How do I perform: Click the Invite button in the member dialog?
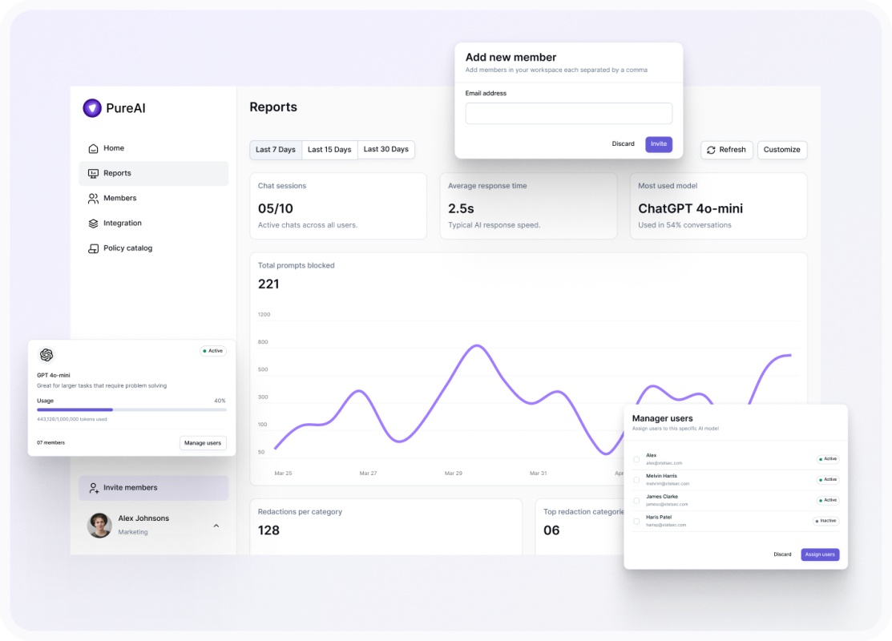(x=659, y=144)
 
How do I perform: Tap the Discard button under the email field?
(x=623, y=144)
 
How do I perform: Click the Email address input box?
(x=568, y=114)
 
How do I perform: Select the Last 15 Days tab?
(x=329, y=150)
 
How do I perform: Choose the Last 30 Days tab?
(x=385, y=150)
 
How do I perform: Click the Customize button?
(x=781, y=150)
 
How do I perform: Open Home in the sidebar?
(x=113, y=148)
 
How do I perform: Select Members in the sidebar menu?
(x=119, y=198)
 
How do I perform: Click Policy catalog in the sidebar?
(x=127, y=248)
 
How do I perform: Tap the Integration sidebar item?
(x=122, y=224)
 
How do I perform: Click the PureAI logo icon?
(x=92, y=108)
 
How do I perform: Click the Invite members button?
(x=130, y=488)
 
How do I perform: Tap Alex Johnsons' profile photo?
(x=99, y=525)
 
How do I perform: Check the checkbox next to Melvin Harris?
(x=636, y=480)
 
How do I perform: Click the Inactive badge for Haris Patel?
(x=825, y=521)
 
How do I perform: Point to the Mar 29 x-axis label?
(x=453, y=474)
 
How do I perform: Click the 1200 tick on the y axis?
(x=264, y=315)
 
